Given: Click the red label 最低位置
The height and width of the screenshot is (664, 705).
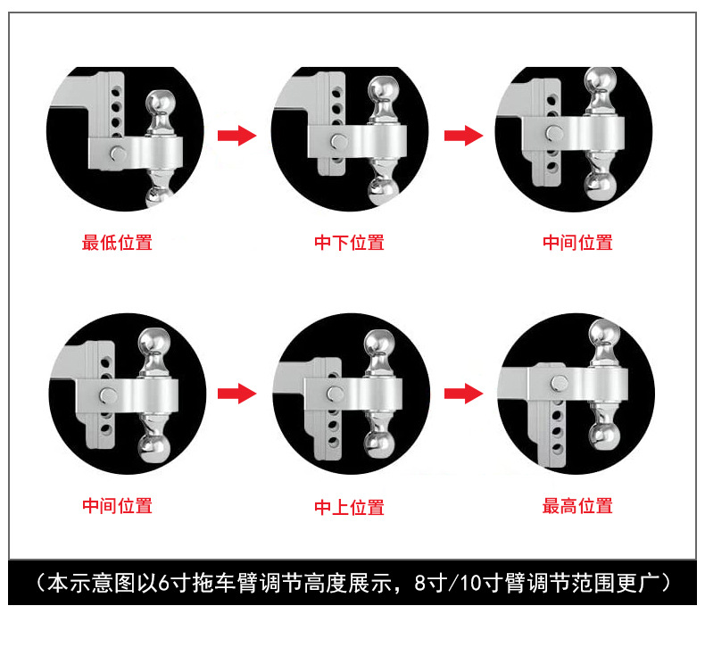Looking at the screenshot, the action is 117,243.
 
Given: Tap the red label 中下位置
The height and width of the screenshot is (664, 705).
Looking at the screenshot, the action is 349,243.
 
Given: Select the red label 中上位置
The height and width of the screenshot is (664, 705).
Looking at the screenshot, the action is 349,508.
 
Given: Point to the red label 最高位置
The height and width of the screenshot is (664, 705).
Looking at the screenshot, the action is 577,506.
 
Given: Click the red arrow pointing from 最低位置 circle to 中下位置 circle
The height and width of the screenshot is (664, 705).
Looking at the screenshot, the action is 237,136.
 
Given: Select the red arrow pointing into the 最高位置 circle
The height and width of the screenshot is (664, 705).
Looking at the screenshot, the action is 463,394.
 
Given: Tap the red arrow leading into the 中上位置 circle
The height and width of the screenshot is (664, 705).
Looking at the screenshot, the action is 237,394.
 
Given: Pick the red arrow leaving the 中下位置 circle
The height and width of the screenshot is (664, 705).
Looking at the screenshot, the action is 463,136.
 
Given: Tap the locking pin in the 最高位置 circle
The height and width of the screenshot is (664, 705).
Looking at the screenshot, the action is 560,384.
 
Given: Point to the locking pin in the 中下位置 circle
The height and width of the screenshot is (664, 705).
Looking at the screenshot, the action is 338,142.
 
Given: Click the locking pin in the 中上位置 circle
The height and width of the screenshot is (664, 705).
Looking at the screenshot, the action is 336,394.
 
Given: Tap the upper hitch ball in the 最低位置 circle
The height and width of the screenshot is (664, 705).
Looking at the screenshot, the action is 161,104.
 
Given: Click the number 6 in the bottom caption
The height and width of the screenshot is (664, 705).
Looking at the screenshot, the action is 163,583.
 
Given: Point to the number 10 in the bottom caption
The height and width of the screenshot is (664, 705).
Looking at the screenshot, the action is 470,583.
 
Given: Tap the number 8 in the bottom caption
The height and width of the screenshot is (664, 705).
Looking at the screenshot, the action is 419,583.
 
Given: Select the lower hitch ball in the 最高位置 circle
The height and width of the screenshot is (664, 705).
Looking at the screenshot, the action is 604,436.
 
